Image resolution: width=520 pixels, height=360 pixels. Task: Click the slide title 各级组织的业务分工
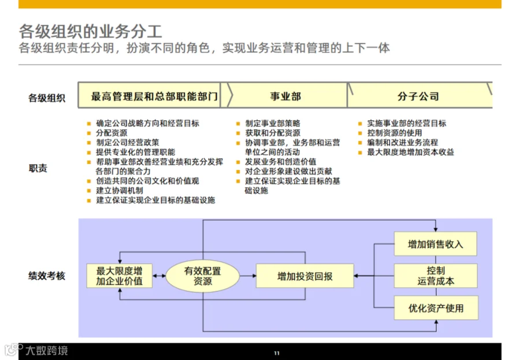coord(90,32)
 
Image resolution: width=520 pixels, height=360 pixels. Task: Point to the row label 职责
coord(38,168)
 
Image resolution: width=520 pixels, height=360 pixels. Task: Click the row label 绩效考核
coord(47,276)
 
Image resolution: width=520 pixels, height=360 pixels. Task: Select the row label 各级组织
coord(47,98)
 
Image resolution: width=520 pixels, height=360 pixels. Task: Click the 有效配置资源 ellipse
coord(202,276)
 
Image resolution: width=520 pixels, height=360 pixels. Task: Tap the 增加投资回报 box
coord(304,276)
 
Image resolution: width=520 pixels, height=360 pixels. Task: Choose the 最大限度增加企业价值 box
coord(120,276)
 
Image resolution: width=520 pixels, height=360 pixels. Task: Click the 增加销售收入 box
coord(436,244)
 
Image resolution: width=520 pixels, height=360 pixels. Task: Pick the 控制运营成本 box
coord(436,276)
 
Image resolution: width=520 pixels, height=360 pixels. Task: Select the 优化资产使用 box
coord(436,308)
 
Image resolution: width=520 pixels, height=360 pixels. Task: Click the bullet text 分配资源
coord(112,133)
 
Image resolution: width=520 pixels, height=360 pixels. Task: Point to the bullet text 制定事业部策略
coord(273,124)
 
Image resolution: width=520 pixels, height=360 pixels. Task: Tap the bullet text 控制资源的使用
coord(395,133)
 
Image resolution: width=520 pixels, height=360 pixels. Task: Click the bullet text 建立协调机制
coord(120,191)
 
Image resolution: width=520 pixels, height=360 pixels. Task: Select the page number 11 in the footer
coord(277,353)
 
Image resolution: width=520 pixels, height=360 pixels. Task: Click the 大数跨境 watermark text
coord(47,350)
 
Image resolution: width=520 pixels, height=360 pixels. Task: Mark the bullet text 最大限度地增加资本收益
coord(411,153)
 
